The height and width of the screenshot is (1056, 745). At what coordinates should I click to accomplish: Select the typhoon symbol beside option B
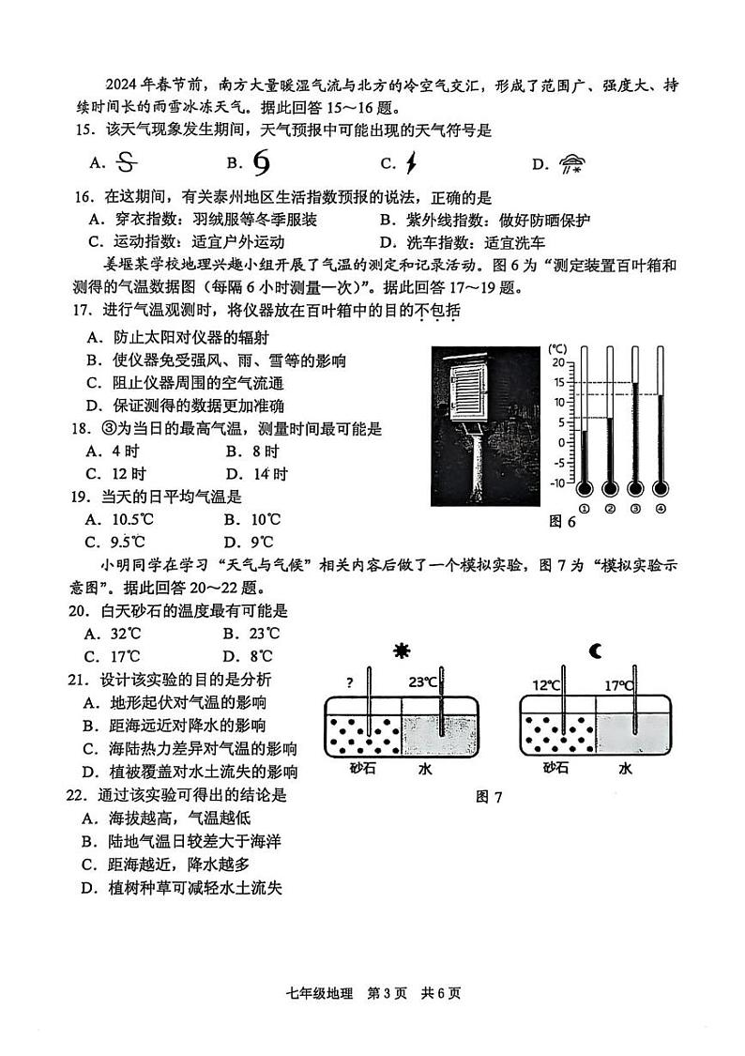[262, 163]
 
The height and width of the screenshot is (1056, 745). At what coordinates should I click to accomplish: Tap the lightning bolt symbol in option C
[410, 164]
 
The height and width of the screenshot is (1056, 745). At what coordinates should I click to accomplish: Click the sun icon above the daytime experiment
[403, 651]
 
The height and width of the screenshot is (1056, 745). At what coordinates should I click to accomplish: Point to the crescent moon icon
[596, 650]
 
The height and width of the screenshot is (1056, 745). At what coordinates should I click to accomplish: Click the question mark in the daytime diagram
[349, 682]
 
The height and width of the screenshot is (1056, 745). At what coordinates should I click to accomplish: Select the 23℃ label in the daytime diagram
[422, 682]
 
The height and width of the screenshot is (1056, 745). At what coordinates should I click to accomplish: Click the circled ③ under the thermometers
[635, 509]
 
